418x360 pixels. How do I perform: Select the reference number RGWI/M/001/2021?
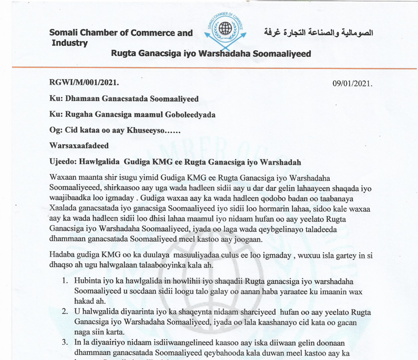click(x=84, y=83)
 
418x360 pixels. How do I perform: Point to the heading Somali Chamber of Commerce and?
click(x=121, y=33)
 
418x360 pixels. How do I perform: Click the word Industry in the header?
click(x=70, y=43)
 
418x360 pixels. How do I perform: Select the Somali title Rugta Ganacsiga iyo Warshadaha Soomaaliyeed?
click(x=211, y=54)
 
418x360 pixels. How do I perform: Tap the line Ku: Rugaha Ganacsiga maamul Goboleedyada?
click(x=132, y=115)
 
